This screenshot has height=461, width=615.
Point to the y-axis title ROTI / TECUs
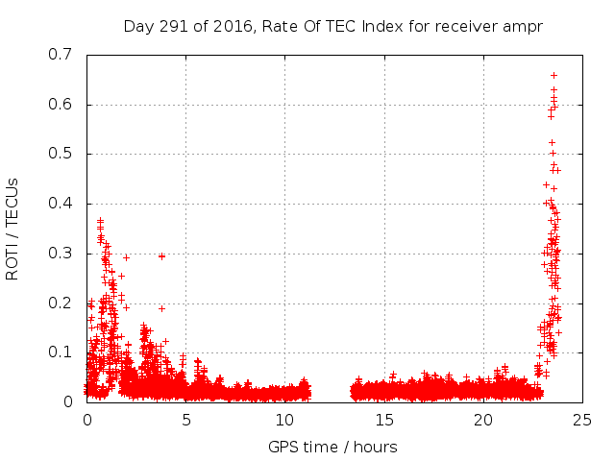12,228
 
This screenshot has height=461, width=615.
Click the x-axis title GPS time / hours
332,447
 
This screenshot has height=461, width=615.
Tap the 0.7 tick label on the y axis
61,55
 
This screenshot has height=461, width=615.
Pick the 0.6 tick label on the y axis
61,105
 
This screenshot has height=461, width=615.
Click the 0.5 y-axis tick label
61,154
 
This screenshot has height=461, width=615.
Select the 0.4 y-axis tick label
61,204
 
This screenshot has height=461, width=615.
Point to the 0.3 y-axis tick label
61,254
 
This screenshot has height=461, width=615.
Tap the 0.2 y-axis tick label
61,303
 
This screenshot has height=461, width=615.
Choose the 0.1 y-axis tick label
61,352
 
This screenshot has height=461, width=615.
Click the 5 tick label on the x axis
186,420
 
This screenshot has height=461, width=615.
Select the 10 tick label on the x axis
285,420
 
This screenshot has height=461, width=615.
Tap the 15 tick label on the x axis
384,420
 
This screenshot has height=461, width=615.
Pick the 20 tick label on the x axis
483,420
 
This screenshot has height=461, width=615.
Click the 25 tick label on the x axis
582,420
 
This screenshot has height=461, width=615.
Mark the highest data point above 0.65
553,75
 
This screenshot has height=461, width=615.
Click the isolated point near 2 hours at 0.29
126,257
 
